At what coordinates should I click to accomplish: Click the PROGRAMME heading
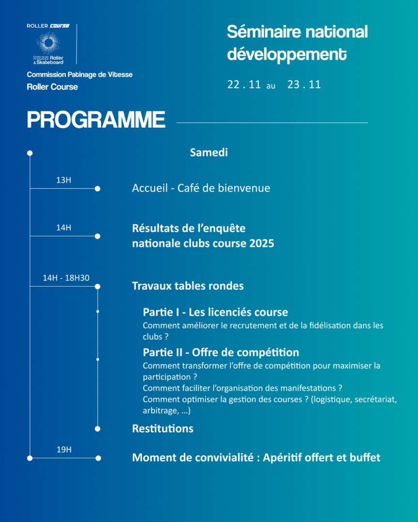click(96, 120)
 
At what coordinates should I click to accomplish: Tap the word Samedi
click(209, 153)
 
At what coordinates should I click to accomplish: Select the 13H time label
click(63, 180)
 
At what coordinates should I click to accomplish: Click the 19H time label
click(64, 449)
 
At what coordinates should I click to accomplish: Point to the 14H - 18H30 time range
click(66, 278)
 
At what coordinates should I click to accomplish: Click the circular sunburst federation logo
click(48, 43)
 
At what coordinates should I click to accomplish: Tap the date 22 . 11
click(244, 85)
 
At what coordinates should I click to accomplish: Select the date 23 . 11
click(304, 85)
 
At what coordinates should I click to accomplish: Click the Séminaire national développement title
click(297, 43)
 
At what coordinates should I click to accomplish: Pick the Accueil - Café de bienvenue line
click(201, 188)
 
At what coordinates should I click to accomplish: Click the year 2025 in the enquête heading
click(262, 243)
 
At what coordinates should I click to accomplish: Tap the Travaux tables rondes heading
click(188, 286)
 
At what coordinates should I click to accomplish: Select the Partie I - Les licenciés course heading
click(215, 312)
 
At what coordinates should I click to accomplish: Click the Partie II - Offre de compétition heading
click(221, 352)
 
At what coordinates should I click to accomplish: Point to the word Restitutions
click(163, 429)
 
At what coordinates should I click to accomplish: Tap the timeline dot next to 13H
click(97, 188)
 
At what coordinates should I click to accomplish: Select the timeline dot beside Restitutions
click(97, 429)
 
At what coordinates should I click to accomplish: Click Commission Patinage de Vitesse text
click(80, 74)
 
